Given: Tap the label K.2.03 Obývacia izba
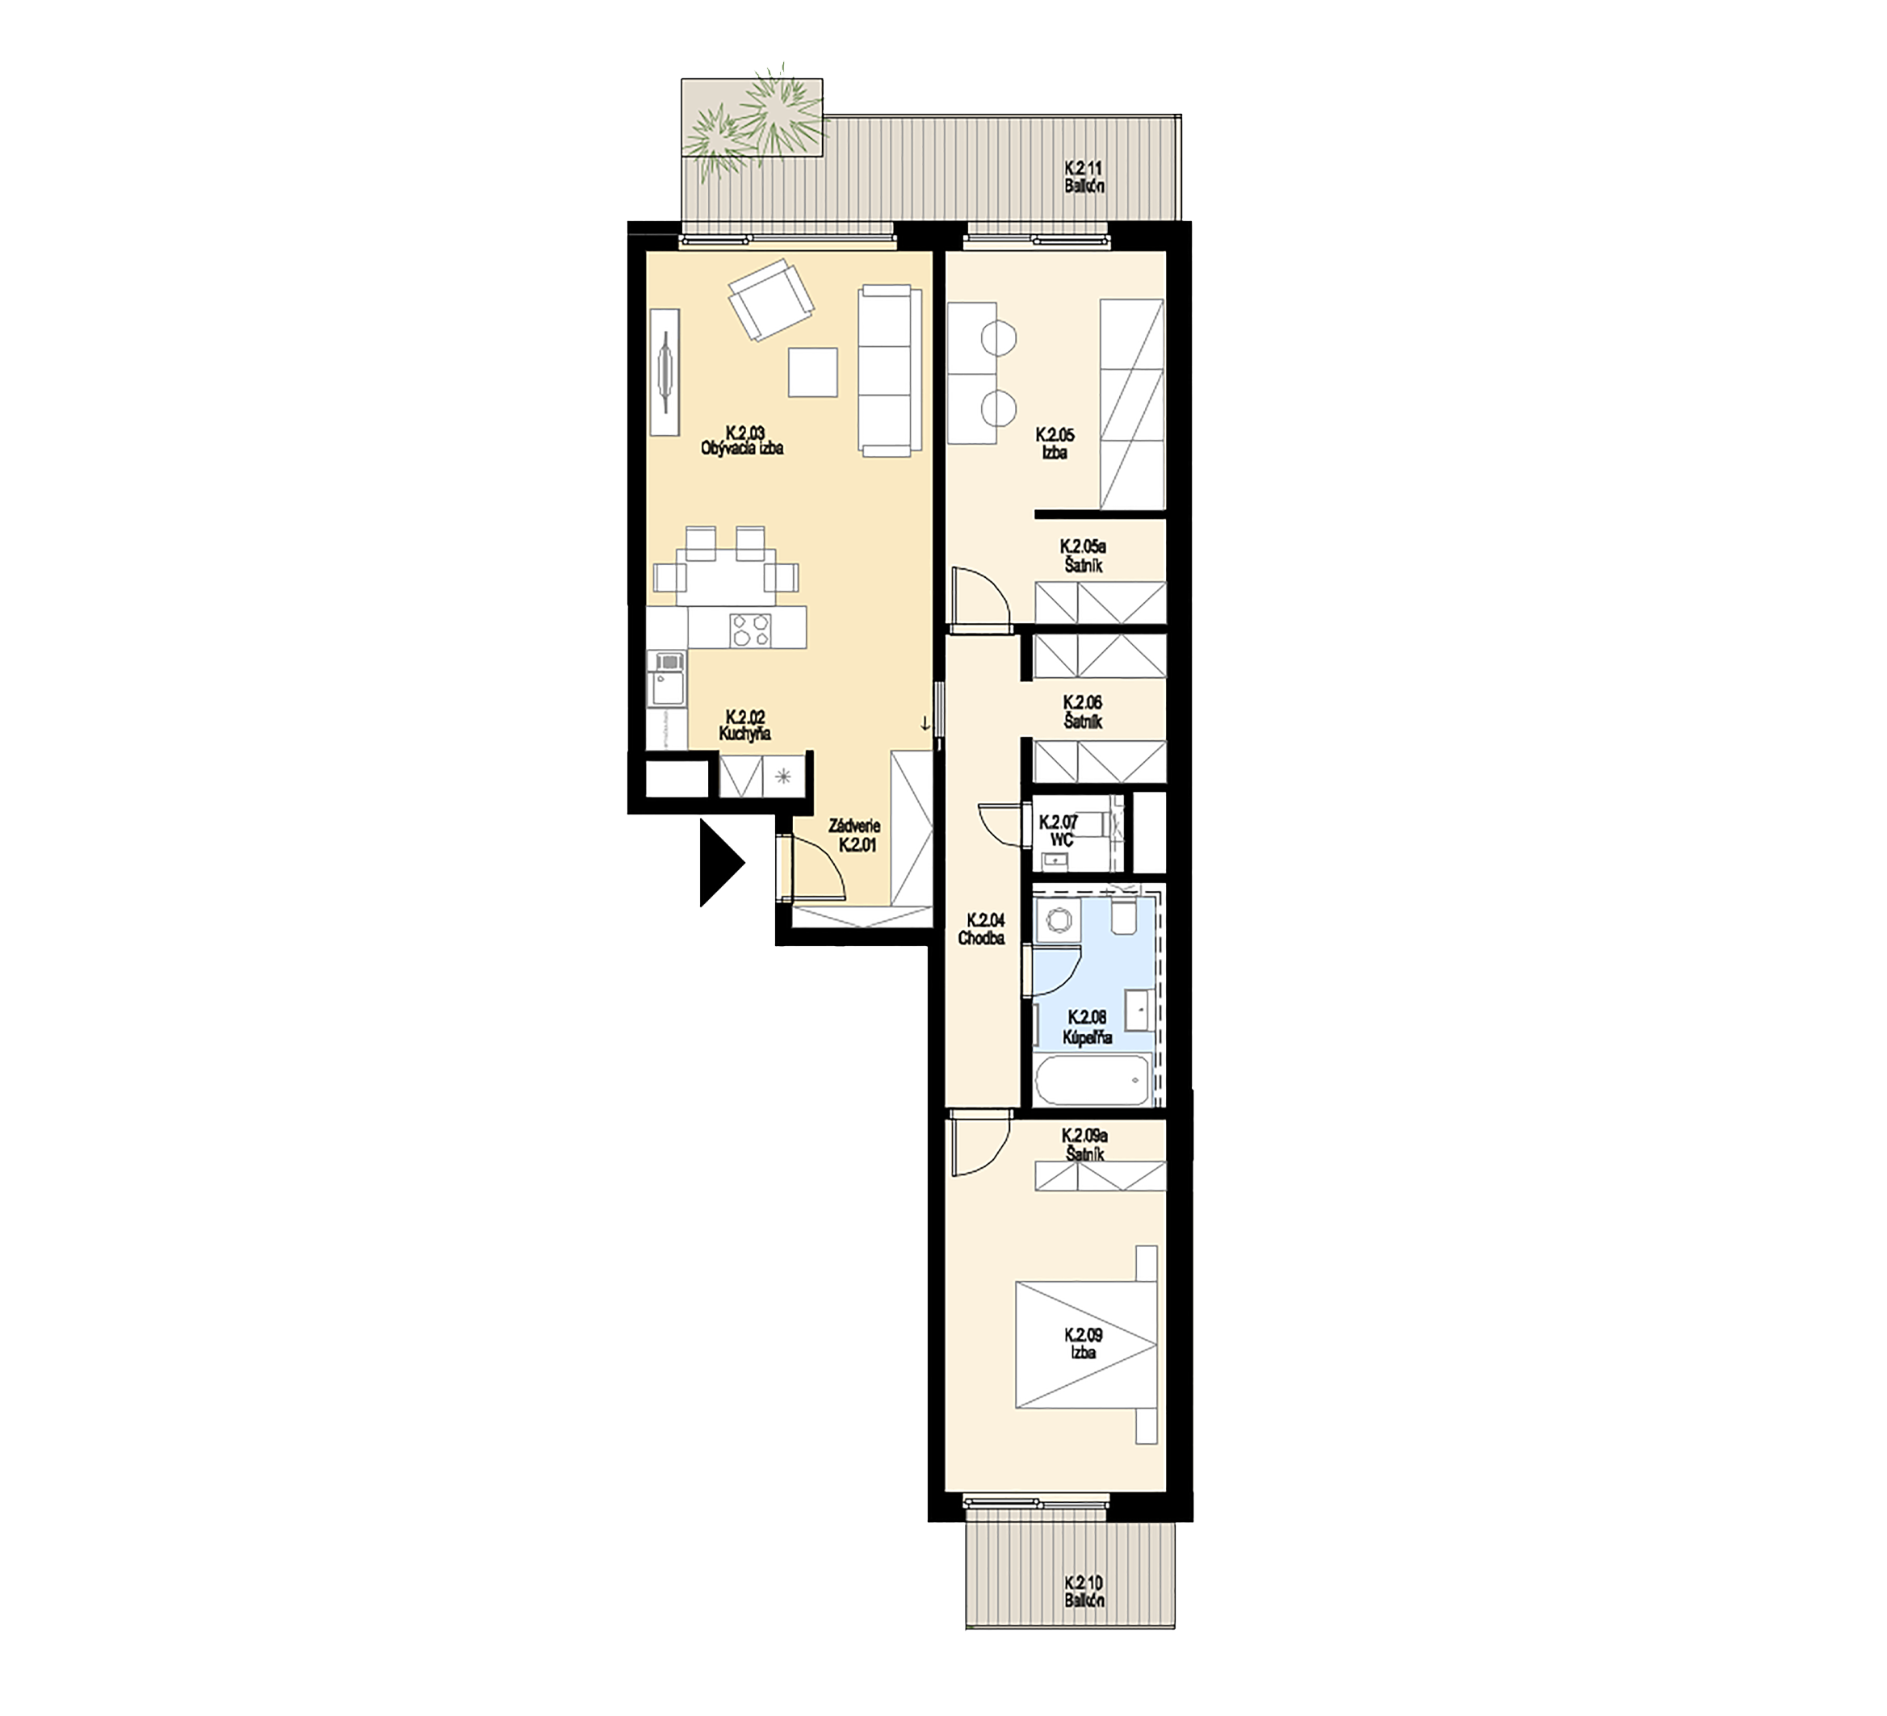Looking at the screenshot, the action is point(742,441).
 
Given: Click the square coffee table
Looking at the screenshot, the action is point(812,371).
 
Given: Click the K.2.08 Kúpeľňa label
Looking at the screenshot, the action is point(1087,1027).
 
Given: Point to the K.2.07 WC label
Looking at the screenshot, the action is point(1059,831).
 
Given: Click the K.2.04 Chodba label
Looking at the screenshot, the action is point(982,928).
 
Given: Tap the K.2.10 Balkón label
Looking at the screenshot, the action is point(1085,1592).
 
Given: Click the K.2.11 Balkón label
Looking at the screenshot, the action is point(1085,177).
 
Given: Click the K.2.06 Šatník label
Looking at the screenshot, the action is point(1083,712).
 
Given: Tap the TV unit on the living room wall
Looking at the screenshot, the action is point(665,372).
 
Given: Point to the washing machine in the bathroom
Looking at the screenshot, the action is point(1059,920).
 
